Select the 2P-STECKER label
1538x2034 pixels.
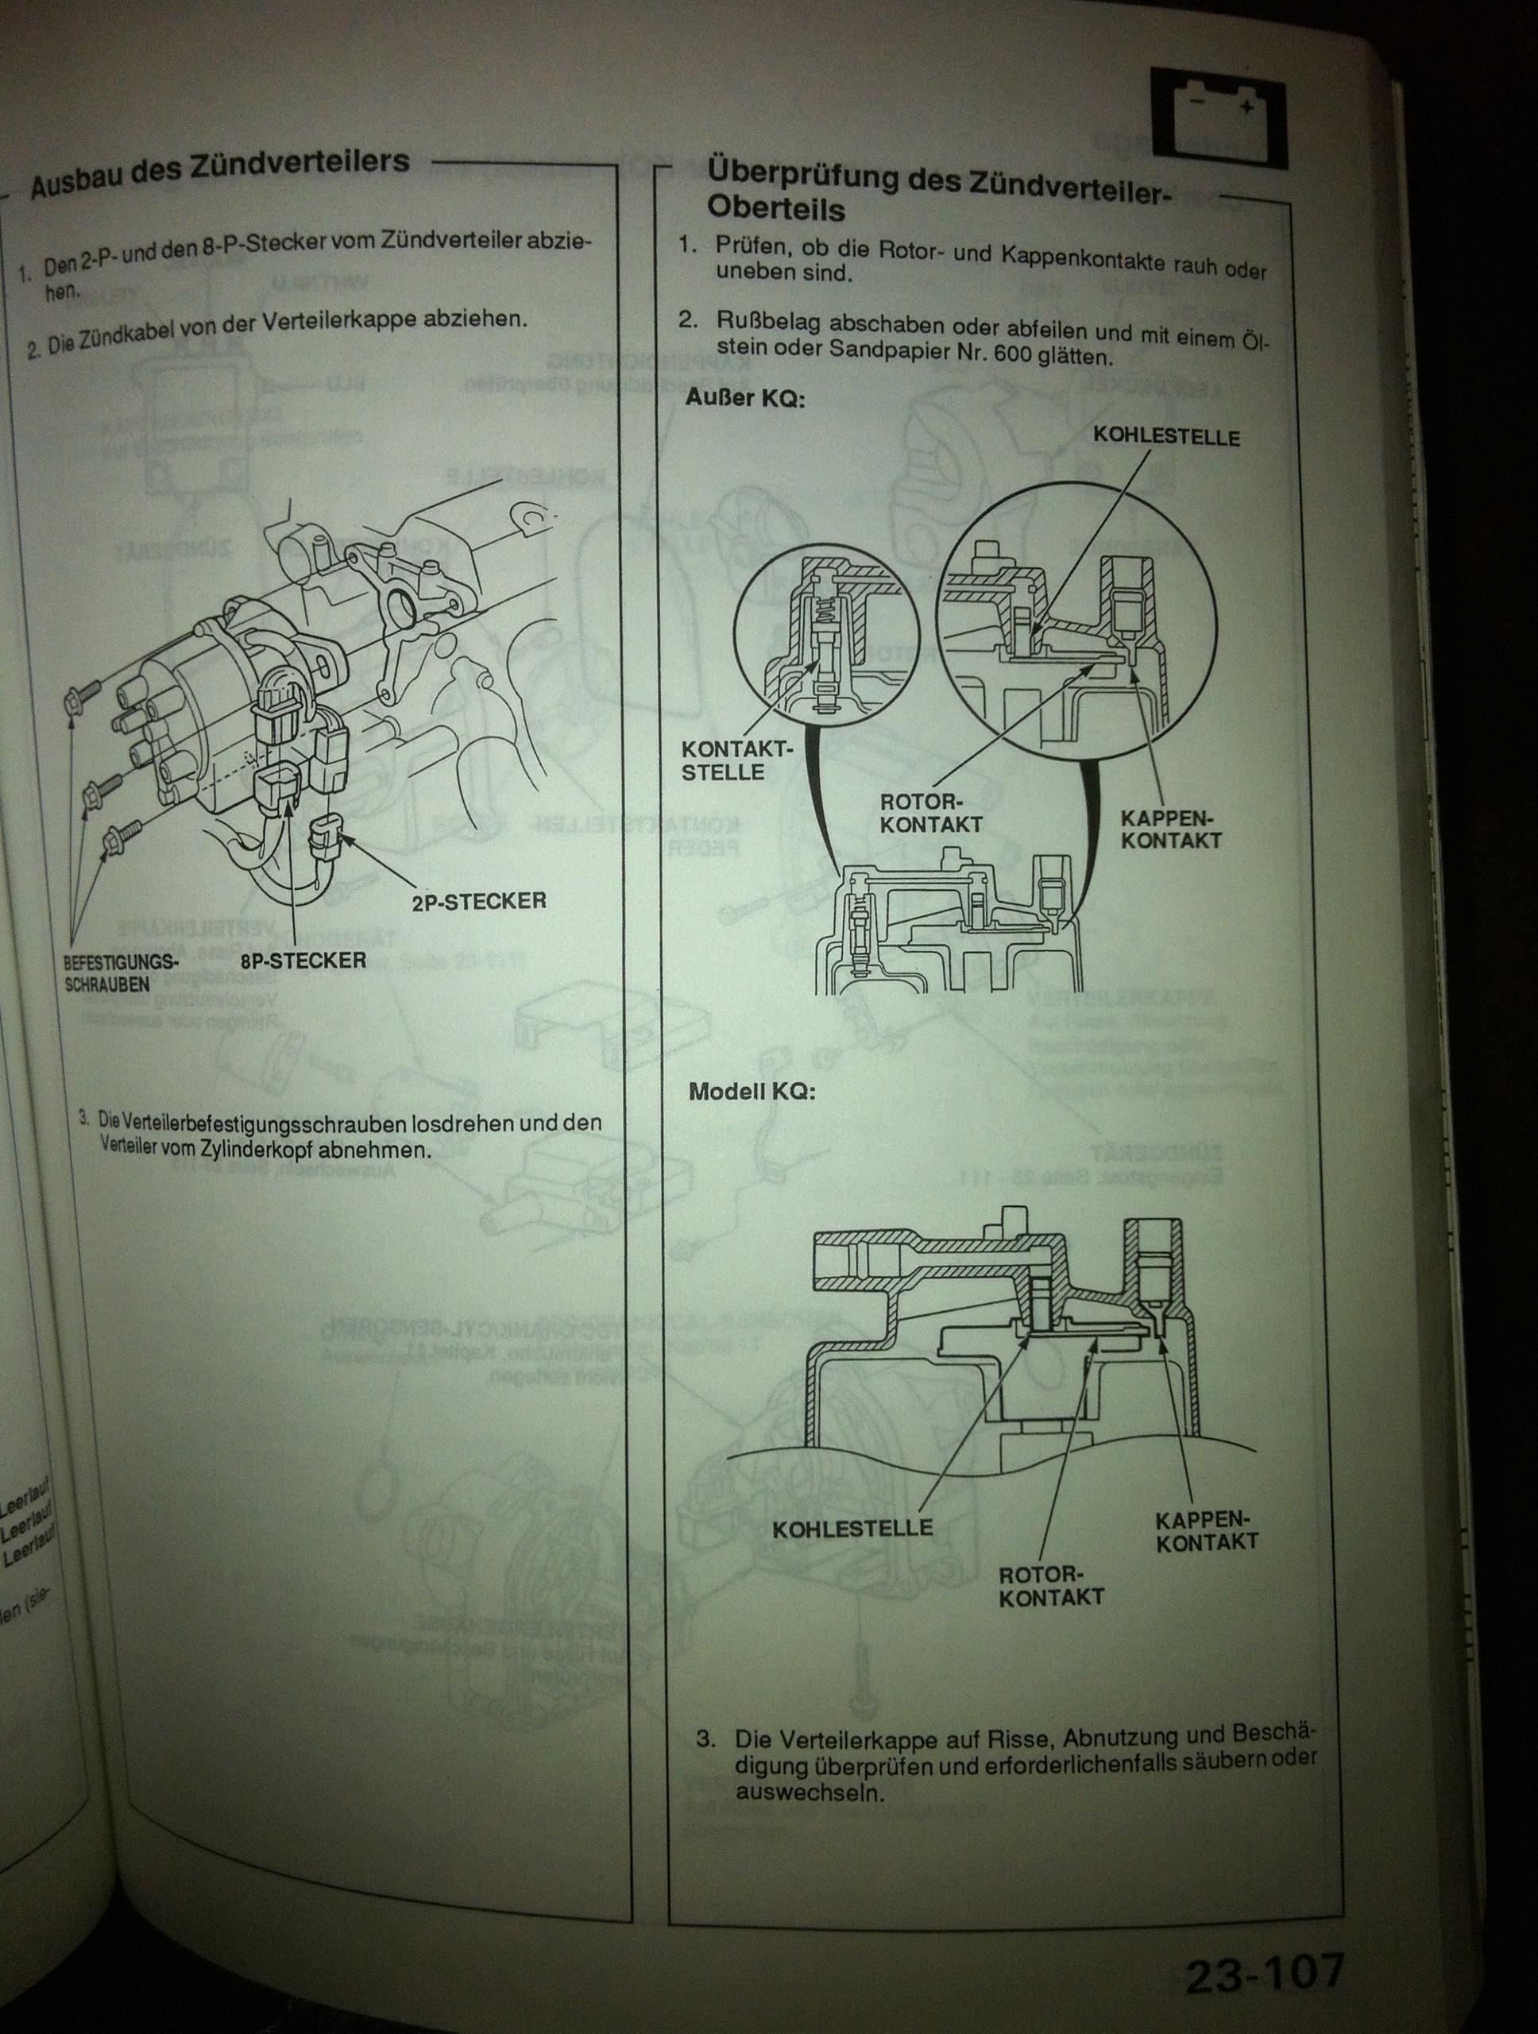click(479, 900)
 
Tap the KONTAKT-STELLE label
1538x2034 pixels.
click(736, 761)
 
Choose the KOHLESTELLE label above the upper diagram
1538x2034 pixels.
click(1166, 437)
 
